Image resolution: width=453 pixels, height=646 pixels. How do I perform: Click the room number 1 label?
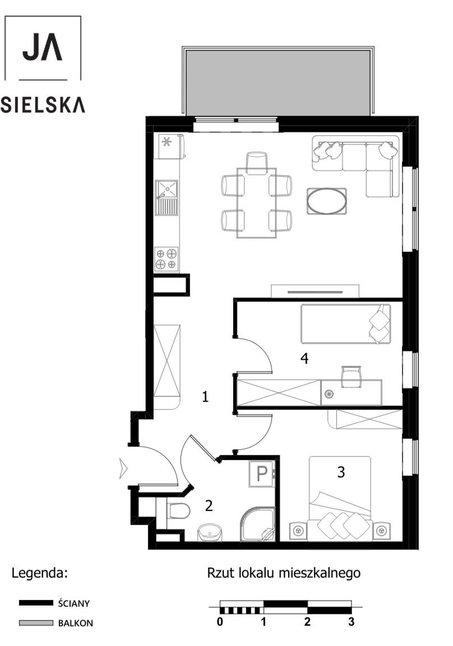click(205, 397)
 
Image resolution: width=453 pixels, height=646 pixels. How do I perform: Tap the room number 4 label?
click(304, 358)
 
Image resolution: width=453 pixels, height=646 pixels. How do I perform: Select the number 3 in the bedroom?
click(341, 472)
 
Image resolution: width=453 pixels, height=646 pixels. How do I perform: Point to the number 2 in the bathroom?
click(209, 506)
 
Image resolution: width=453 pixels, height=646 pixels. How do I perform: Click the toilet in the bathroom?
click(179, 510)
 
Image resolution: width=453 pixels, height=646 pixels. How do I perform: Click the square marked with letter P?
click(261, 474)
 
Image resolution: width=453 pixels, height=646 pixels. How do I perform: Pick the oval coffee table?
click(326, 200)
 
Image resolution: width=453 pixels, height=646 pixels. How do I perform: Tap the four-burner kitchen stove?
click(167, 259)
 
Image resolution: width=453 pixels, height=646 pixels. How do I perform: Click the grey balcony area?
click(277, 82)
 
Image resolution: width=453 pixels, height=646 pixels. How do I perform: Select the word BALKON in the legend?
click(76, 622)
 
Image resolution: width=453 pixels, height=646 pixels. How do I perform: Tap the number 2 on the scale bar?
click(307, 622)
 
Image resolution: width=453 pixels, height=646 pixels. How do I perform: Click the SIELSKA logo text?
click(43, 105)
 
